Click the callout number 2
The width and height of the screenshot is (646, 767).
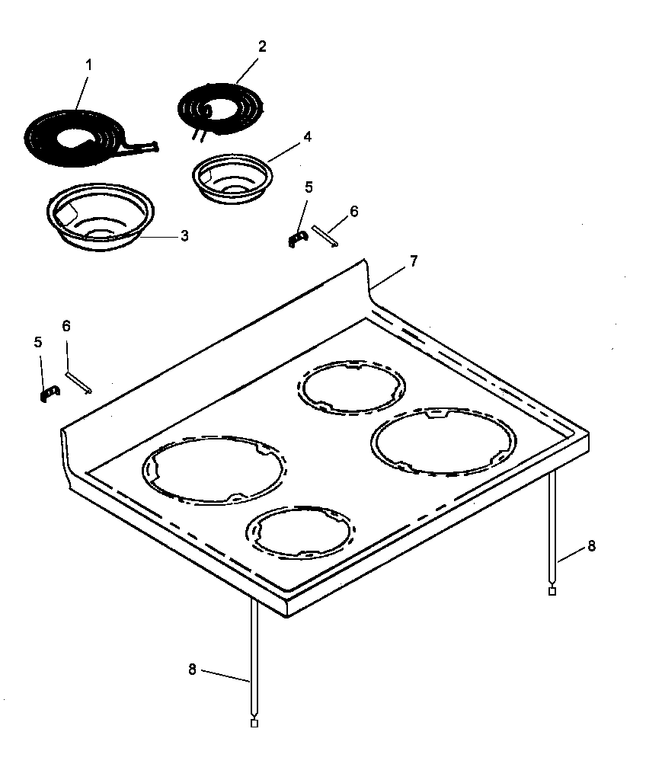(262, 46)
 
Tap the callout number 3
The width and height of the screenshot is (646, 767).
(184, 236)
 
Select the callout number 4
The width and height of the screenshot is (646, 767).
(307, 137)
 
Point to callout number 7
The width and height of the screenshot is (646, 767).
(413, 261)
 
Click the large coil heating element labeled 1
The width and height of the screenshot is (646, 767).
(76, 137)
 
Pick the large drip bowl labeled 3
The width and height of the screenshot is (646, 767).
(101, 215)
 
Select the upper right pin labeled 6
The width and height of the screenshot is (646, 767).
(325, 235)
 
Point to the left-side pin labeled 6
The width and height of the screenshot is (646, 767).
(79, 382)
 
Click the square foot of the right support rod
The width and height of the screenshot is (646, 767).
(552, 591)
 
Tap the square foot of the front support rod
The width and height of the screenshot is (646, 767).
(254, 723)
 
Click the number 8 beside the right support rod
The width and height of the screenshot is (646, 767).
(591, 546)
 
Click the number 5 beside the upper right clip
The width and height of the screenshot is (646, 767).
(309, 187)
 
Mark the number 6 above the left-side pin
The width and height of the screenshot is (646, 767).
(66, 325)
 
